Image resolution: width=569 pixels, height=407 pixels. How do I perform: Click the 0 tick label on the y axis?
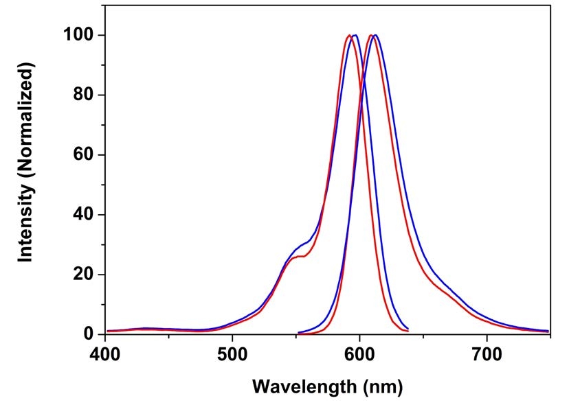coord(88,335)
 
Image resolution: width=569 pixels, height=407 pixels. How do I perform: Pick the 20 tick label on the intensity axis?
coord(83,275)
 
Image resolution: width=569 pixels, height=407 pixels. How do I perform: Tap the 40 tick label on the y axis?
coord(83,215)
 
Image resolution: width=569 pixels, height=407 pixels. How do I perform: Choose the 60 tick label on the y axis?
coord(83,155)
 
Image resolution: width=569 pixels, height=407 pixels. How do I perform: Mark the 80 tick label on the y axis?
coord(83,95)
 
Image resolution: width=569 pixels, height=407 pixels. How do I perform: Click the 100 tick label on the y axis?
coord(78,35)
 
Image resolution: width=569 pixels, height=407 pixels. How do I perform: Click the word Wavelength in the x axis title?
coord(301,386)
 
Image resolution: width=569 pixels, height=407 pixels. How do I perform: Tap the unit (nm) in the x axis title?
coord(380,386)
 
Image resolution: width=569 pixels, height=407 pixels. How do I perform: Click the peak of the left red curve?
coord(350,35)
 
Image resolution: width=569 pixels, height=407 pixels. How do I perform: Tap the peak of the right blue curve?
coord(375,35)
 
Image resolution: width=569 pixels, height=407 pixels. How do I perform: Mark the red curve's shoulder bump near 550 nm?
coord(295,257)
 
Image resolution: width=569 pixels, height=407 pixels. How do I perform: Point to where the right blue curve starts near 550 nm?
coord(298,333)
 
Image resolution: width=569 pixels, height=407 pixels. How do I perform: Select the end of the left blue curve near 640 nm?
coord(408,329)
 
